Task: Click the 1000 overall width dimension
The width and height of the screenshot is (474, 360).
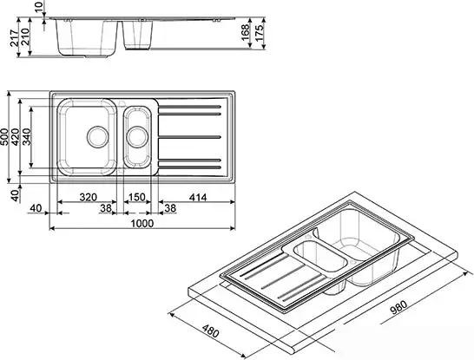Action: coord(142,223)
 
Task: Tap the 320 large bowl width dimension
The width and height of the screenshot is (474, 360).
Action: coord(88,198)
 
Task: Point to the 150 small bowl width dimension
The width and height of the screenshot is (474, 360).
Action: coord(136,198)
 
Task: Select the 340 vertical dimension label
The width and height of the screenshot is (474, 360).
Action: coord(33,136)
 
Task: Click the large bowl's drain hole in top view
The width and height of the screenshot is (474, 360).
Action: coord(96,135)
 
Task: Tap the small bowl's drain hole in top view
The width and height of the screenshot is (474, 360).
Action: coord(137,135)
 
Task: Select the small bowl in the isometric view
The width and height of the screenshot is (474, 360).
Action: coord(318,259)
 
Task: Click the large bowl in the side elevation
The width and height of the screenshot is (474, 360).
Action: coord(87,36)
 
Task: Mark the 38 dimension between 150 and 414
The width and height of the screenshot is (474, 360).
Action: coord(169,209)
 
